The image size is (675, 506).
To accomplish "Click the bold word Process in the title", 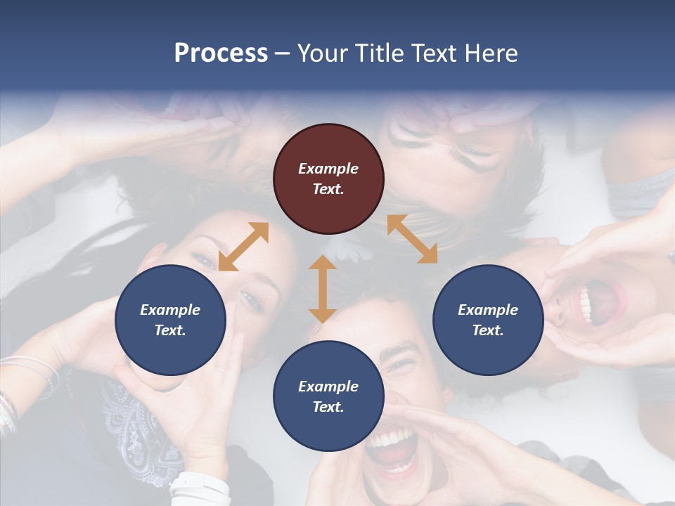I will click(221, 53).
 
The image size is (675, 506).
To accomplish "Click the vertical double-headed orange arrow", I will click(323, 289).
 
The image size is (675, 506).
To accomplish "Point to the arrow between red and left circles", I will click(243, 247).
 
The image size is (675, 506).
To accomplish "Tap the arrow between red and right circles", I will click(412, 239).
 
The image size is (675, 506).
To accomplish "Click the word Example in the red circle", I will click(328, 169).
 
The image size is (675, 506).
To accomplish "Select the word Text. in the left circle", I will click(170, 330).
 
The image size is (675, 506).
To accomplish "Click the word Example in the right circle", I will click(488, 310).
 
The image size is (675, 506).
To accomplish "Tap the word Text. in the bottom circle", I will click(328, 407).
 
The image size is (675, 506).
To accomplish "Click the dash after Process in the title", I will click(283, 53).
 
